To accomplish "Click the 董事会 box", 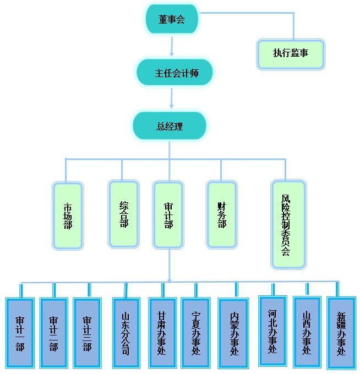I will coord(172,19).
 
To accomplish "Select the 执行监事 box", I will coord(291,53).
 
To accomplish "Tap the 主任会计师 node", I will coord(174,73).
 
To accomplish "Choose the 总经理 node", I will coord(170,126).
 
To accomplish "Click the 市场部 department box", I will coord(68,216).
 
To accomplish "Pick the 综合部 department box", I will coord(124,213).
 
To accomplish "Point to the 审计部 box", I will coord(168,215).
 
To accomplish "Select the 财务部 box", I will coord(222,215).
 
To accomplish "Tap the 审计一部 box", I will coord(20,333).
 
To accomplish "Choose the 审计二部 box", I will coord(53,333).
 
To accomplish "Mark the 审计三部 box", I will coord(87,333).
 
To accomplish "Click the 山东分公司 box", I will coord(126,333).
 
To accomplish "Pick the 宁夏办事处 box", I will coord(195,333).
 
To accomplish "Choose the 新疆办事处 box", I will coord(341,333).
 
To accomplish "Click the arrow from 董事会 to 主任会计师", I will coord(172,46).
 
